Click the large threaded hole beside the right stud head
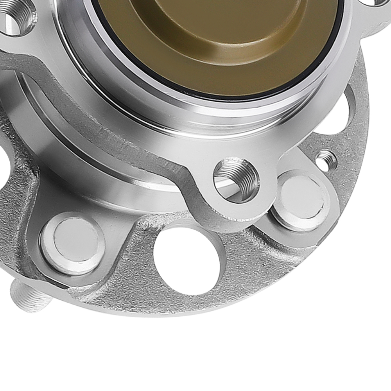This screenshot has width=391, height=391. click(x=236, y=179)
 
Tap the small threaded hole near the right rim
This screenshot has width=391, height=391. click(x=326, y=160)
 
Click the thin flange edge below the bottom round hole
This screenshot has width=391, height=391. click(x=188, y=309)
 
